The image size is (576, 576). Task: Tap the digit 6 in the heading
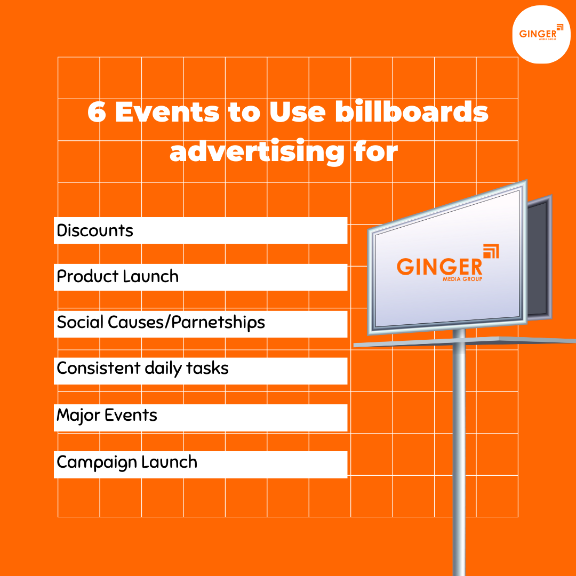click(97, 113)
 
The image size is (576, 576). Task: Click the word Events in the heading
click(167, 113)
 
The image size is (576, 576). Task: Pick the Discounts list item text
click(95, 230)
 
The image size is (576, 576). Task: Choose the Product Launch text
click(118, 276)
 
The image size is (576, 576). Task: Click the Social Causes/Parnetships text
click(161, 323)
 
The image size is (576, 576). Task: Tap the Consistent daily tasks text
click(142, 369)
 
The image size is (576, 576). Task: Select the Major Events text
click(107, 415)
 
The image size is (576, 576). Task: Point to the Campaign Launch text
click(127, 462)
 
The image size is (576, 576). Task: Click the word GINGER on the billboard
click(439, 266)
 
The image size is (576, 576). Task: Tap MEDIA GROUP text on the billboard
click(462, 278)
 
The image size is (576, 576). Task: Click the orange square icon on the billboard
click(490, 251)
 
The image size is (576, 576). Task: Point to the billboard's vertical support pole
click(459, 453)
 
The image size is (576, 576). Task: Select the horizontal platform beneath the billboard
click(464, 341)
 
